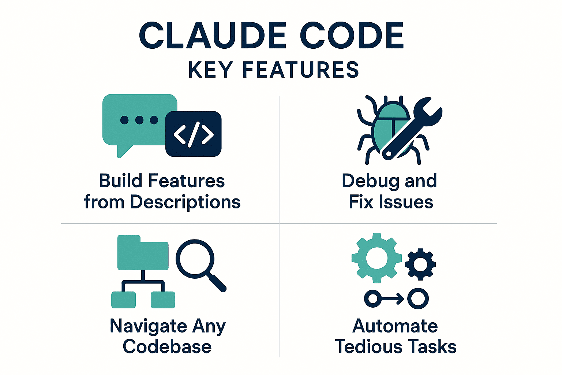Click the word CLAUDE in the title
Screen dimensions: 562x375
pos(213,35)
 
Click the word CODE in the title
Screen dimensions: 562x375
pos(352,35)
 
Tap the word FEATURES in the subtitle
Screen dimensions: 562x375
pos(300,70)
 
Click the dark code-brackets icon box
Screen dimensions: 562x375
pos(194,134)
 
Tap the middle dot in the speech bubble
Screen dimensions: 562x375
pos(139,120)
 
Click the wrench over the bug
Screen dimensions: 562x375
pos(412,128)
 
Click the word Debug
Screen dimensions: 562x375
pos(371,181)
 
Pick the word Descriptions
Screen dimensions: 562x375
pos(186,202)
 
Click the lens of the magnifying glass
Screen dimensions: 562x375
pos(195,259)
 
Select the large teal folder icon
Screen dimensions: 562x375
pos(143,252)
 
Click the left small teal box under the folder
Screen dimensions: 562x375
pos(123,300)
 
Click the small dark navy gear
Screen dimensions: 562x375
pos(420,264)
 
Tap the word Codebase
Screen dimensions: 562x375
pos(167,346)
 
